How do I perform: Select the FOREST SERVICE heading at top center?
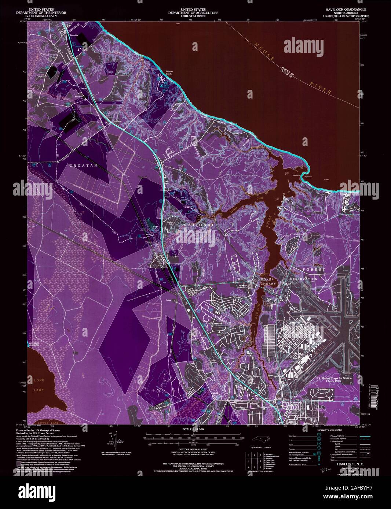tap(193, 16)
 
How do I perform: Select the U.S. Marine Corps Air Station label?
tap(333, 379)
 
